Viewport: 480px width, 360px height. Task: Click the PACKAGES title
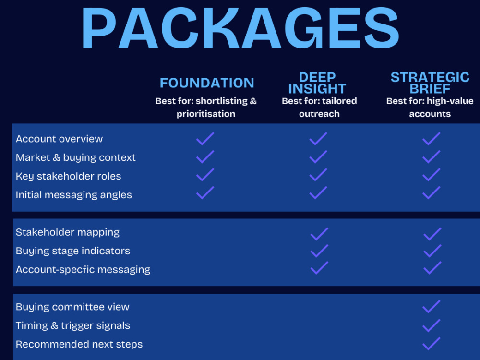coord(240,28)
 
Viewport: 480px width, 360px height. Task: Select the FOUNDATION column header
coord(207,83)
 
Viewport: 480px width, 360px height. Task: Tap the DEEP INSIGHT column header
coord(317,83)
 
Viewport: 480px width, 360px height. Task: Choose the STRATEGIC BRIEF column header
coord(430,83)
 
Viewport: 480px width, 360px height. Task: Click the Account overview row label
coord(59,139)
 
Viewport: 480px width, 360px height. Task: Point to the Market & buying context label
coord(76,157)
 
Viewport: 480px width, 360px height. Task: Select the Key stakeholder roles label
coord(68,176)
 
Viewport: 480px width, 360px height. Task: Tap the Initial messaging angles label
coord(74,195)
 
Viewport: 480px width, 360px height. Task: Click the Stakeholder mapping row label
coord(67,232)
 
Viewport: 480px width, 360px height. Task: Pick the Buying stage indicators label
coord(73,251)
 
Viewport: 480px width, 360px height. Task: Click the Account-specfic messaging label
coord(83,270)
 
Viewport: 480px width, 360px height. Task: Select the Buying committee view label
coord(72,307)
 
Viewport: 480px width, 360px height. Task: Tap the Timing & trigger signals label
coord(73,326)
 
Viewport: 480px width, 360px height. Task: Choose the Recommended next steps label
coord(79,344)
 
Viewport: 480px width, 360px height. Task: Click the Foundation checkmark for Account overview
coord(205,139)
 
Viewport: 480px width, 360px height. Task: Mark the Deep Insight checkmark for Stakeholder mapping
coord(319,234)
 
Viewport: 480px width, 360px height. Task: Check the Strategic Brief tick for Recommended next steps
coord(432,344)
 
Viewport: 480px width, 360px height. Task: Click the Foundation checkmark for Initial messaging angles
coord(205,193)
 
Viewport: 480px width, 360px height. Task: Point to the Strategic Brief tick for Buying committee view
coord(432,307)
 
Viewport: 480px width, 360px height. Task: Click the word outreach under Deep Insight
coord(319,114)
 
